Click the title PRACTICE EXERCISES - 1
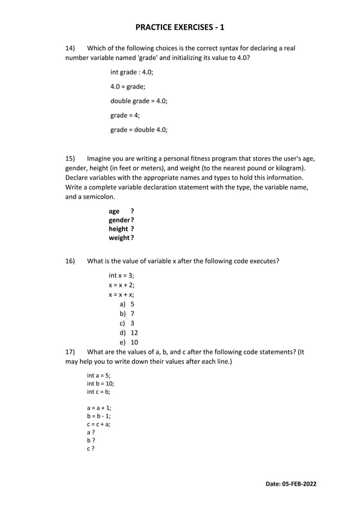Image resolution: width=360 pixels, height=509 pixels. pos(179,27)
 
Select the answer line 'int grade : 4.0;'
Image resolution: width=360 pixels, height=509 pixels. pos(131,72)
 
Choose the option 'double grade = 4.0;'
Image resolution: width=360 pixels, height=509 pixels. pos(139,101)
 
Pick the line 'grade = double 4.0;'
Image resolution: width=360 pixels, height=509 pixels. pos(139,130)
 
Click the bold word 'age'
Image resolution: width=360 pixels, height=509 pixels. pos(115,211)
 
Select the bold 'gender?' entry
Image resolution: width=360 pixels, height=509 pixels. pos(121,220)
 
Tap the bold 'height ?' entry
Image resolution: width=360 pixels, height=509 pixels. pos(121,229)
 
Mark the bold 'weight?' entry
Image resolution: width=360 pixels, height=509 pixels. pos(121,238)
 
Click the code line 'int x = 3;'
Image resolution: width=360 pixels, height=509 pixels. pos(121,275)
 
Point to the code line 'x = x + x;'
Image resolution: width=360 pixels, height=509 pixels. pos(121,295)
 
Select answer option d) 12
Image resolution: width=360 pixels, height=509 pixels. pos(128,333)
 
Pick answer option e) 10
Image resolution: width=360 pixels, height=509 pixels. pos(128,343)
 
